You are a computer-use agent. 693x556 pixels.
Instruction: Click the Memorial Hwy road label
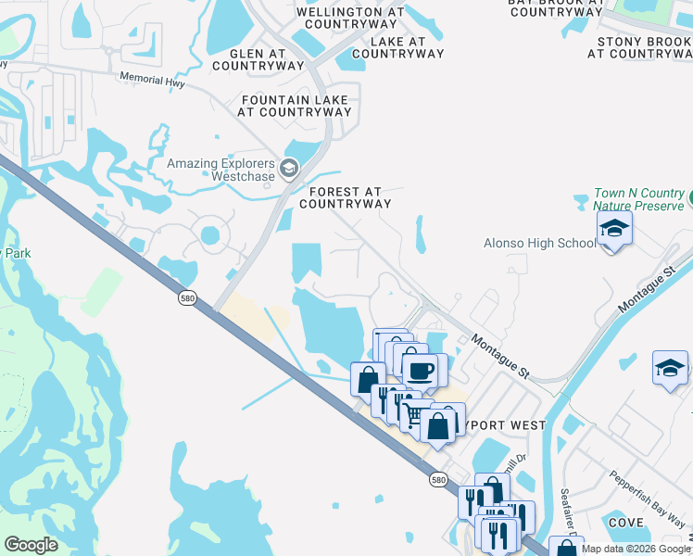coord(152,82)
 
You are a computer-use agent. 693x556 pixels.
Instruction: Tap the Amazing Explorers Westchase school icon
coord(289,168)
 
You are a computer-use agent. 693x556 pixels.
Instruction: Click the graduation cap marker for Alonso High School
coord(614,228)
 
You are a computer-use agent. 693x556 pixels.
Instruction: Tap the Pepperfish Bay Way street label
coord(648,499)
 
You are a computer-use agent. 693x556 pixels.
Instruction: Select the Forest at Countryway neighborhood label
coord(341,197)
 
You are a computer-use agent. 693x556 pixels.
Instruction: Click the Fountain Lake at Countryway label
coord(295,106)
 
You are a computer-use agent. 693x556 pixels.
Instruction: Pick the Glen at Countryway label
coord(258,60)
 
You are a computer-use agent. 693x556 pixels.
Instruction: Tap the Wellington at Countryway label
coord(351,19)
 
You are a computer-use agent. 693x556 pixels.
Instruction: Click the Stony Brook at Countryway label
coord(638,47)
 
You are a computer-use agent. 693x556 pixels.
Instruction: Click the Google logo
coord(31,545)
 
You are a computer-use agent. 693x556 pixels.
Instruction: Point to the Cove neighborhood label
coord(626,523)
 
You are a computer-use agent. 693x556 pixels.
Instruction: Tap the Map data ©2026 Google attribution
coord(635,549)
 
